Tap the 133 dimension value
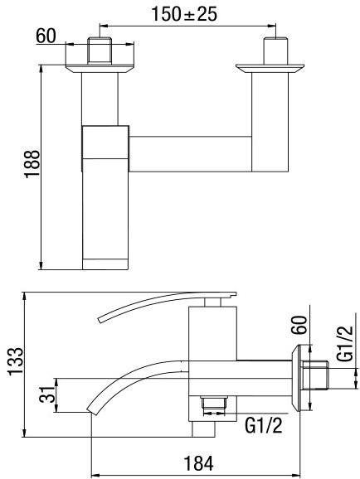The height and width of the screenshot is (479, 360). pos(13,362)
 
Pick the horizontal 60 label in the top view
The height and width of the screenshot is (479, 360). pos(47,37)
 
